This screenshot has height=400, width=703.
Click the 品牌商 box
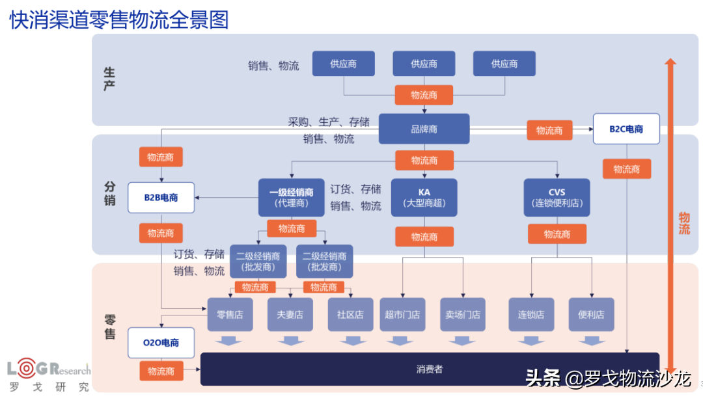pos(424,129)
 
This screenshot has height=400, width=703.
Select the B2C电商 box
pos(626,129)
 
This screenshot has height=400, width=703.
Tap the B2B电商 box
pos(161,197)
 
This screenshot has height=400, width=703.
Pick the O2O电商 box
pos(161,342)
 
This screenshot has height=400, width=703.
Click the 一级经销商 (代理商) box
pos(291,198)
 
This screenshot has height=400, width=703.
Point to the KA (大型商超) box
pos(424,198)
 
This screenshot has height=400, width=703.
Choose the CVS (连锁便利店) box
pos(557,198)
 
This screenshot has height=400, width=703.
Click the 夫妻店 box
pos(290,314)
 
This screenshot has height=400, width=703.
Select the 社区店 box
pos(350,314)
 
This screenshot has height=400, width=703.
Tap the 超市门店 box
pos(402,314)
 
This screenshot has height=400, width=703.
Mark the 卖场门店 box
pos(462,314)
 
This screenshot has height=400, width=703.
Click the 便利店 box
pos(591,314)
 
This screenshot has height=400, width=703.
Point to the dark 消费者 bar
pos(430,369)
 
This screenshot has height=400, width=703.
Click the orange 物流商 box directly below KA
pos(424,237)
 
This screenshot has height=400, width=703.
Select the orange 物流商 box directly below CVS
pos(557,234)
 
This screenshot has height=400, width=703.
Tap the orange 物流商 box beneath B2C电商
pos(626,169)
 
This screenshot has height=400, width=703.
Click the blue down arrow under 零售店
pos(229,341)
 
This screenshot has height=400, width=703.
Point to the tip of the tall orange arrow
pos(670,60)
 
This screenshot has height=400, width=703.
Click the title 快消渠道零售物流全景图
pos(119,20)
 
